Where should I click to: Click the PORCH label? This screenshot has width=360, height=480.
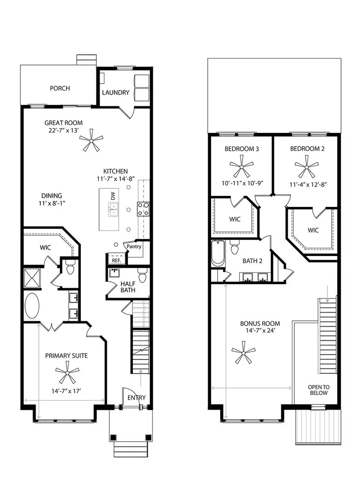pyautogui.click(x=60, y=88)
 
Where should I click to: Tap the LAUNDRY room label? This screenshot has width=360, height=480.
pyautogui.click(x=116, y=92)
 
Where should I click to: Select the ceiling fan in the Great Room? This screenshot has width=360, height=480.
pyautogui.click(x=91, y=140)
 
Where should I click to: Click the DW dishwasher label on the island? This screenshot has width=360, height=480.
pyautogui.click(x=113, y=196)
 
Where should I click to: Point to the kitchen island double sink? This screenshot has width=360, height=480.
pyautogui.click(x=113, y=210)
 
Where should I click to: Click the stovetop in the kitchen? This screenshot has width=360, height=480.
pyautogui.click(x=144, y=209)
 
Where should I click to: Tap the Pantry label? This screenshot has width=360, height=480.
pyautogui.click(x=134, y=247)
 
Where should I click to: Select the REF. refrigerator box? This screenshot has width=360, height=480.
pyautogui.click(x=116, y=260)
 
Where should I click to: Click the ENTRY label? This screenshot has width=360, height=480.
pyautogui.click(x=136, y=398)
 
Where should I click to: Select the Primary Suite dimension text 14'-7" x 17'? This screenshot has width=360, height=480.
pyautogui.click(x=66, y=391)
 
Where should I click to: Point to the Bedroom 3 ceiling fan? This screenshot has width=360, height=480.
pyautogui.click(x=242, y=167)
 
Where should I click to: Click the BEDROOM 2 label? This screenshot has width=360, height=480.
pyautogui.click(x=307, y=149)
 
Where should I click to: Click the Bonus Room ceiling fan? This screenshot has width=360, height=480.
pyautogui.click(x=243, y=353)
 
